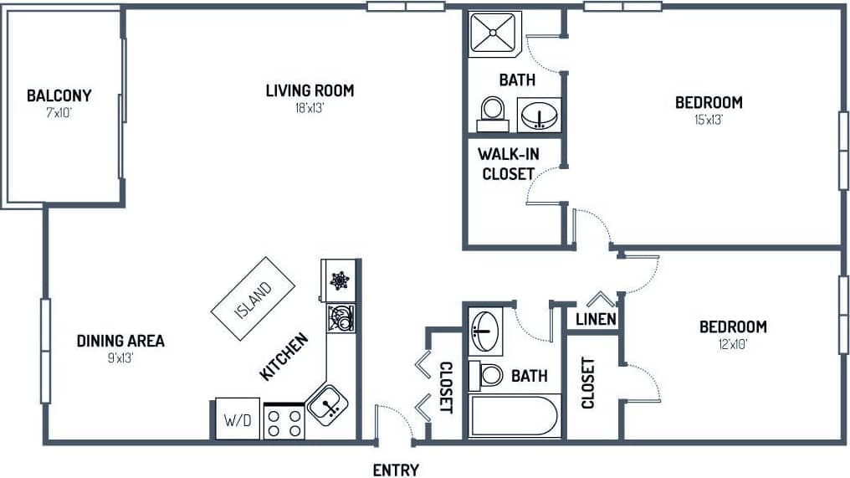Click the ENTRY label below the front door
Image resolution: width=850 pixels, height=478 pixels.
(396, 470)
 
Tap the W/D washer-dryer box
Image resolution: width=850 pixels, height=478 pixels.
(238, 419)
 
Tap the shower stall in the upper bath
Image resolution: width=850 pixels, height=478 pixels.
(494, 33)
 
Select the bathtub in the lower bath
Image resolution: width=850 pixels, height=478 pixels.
(514, 416)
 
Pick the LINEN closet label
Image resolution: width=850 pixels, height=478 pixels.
(596, 320)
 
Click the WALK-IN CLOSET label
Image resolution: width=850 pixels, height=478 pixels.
(505, 164)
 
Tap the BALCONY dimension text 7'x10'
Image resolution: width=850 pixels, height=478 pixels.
(59, 112)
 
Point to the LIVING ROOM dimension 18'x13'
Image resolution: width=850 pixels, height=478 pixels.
(310, 107)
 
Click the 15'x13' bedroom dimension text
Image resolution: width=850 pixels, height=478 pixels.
(708, 120)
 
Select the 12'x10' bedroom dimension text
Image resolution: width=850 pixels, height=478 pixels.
(733, 344)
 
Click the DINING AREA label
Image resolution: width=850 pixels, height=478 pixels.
(120, 341)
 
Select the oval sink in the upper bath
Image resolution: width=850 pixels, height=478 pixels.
(539, 115)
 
